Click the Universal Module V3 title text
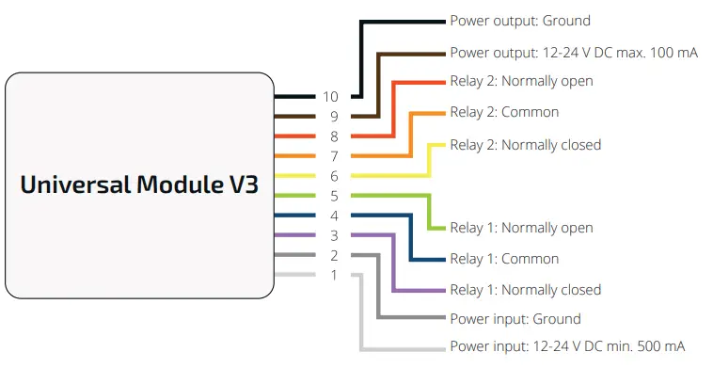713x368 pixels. (139, 184)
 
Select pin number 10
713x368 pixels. (330, 96)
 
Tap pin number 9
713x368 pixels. (332, 117)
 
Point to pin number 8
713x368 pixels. (332, 136)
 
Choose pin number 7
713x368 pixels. (332, 156)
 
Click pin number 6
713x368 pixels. (332, 176)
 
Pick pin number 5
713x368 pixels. (332, 196)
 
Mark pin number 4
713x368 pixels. (332, 216)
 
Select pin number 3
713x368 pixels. (332, 235)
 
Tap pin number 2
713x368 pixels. (332, 255)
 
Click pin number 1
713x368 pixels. (332, 275)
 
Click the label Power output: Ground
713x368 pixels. (520, 21)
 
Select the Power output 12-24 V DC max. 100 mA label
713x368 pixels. (574, 53)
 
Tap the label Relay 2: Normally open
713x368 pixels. (521, 81)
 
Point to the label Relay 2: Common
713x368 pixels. (504, 112)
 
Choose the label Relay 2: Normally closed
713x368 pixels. (525, 145)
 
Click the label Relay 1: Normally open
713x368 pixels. (521, 228)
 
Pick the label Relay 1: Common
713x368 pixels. (504, 259)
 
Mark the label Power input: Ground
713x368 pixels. (515, 319)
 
